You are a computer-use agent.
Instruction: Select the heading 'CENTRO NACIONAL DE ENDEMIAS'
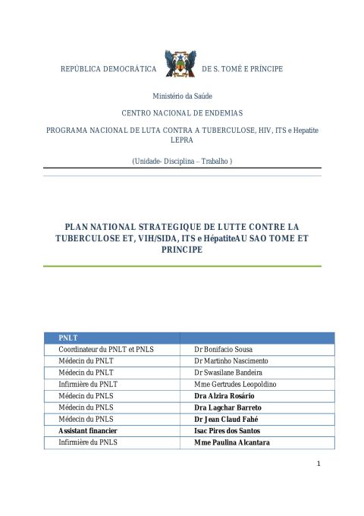pos(182,112)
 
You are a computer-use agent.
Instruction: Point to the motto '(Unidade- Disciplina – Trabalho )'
pos(182,161)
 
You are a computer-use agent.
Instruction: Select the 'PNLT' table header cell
pos(69,337)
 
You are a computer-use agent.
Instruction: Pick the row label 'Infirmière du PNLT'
pos(86,384)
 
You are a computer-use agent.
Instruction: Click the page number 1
pos(319,464)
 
